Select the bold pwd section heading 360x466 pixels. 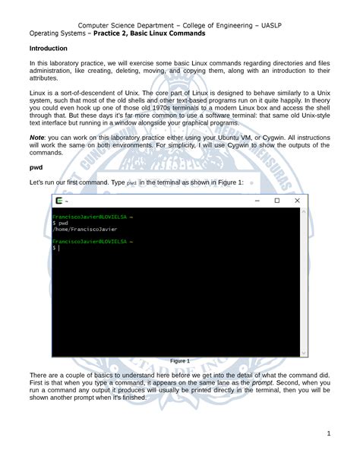coord(36,166)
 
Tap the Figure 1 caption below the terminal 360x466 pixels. coord(180,361)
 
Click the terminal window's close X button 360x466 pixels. coord(297,201)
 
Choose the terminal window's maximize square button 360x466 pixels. coord(277,201)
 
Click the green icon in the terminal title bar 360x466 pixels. coord(59,201)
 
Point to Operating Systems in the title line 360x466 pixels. coord(58,33)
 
